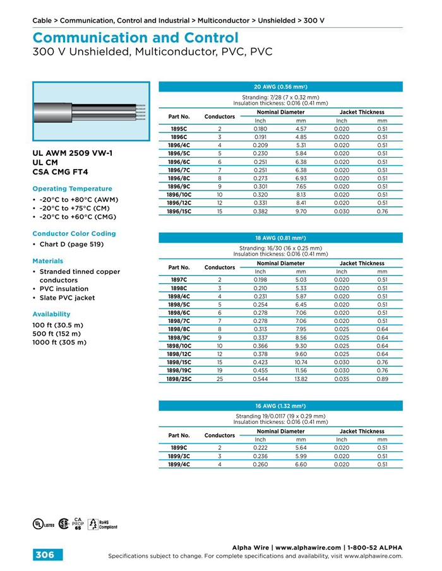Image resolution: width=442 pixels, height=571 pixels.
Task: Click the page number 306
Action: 44,555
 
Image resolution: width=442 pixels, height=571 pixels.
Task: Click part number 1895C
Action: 179,129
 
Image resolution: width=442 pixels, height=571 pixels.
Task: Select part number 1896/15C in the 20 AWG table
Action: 179,211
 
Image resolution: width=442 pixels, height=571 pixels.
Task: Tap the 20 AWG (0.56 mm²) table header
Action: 280,86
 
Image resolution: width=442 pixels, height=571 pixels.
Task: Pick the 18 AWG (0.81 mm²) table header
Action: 280,238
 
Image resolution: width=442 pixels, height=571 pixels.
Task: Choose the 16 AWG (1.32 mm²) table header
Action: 280,406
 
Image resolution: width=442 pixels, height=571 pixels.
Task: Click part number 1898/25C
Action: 179,379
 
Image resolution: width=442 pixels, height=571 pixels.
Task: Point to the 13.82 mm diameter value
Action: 301,379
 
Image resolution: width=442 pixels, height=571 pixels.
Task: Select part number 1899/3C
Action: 179,456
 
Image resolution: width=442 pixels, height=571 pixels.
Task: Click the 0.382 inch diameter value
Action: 260,211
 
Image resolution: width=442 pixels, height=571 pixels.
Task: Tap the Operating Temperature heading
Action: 72,189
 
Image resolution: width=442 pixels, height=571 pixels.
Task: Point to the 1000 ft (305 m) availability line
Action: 59,343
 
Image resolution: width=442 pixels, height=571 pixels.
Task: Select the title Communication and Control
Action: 135,38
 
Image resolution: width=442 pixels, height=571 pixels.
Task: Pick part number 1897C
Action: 179,279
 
